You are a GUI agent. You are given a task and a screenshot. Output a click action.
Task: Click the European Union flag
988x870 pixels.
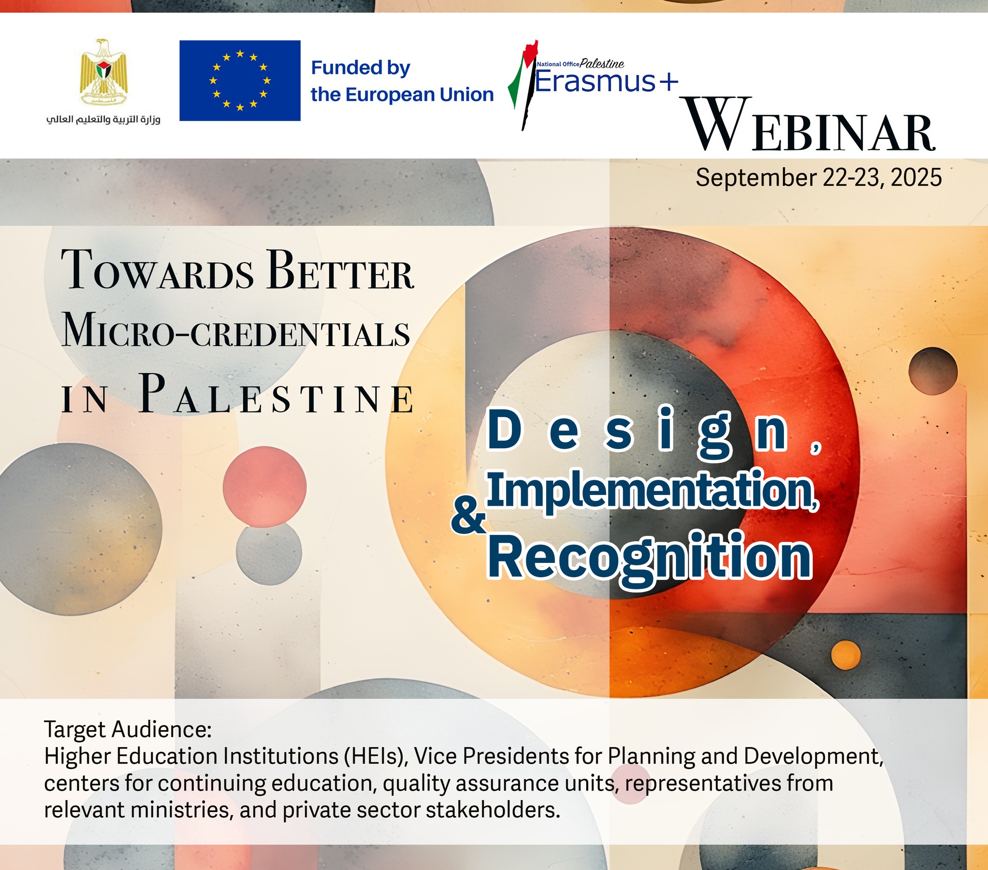coord(240,80)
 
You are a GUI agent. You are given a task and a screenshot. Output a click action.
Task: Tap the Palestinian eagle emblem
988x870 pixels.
coord(103,72)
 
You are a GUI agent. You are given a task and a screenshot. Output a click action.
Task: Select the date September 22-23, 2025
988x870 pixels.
coord(819,178)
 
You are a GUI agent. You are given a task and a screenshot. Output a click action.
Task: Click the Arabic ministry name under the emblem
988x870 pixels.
coord(103,120)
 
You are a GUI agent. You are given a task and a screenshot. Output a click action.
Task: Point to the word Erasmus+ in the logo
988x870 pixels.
coord(606,81)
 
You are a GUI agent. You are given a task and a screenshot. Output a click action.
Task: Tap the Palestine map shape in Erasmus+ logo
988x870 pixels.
coord(523,85)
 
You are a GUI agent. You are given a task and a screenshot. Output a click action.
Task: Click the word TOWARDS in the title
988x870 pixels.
coord(158,270)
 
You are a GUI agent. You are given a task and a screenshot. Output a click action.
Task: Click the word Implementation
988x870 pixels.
coord(653,490)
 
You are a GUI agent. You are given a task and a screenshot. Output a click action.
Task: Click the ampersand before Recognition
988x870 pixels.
coord(468,517)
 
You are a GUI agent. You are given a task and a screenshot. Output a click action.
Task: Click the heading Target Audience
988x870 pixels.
coord(128,729)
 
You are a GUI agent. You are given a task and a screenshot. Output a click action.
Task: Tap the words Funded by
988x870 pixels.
coord(360,68)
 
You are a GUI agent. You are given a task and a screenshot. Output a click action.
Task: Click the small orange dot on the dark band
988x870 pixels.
coord(846,656)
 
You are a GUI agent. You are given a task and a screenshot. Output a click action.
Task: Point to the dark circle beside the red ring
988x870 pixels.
coord(933,372)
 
